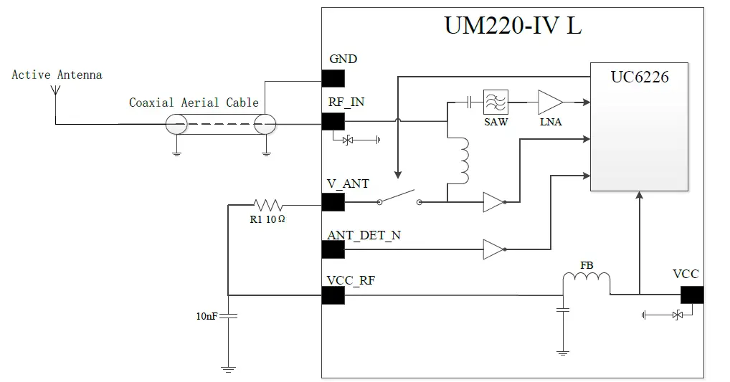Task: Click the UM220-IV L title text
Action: (x=513, y=26)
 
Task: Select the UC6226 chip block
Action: (x=639, y=128)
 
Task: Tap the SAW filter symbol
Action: (x=496, y=102)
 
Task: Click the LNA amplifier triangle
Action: (x=550, y=102)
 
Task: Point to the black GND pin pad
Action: (x=333, y=77)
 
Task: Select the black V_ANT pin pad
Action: (x=333, y=202)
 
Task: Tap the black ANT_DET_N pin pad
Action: (x=333, y=249)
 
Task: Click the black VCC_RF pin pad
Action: (x=333, y=295)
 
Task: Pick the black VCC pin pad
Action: (x=691, y=295)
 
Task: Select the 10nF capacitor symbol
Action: (x=228, y=315)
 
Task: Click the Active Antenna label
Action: (x=57, y=75)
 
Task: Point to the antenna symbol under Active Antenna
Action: (x=56, y=92)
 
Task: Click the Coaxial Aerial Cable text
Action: (x=194, y=102)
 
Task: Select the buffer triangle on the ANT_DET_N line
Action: (x=494, y=249)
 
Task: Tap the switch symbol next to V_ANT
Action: (x=399, y=198)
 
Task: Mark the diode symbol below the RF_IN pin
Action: (x=349, y=140)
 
